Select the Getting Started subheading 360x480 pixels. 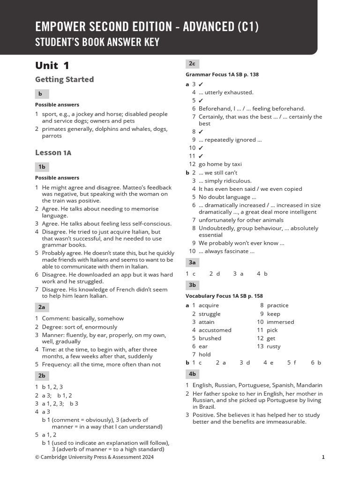pos(64,80)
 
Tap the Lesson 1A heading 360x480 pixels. pos(53,153)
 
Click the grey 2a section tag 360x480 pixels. pos(42,307)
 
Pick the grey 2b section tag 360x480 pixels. pos(42,375)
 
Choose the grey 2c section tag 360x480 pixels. pos(192,64)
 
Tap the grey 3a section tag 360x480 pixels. pos(192,262)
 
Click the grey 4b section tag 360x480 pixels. pos(192,374)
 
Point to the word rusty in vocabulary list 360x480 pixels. pos(274,346)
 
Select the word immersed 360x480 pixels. pos(280,322)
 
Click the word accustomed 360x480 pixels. pos(215,330)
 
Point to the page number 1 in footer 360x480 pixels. pos(323,457)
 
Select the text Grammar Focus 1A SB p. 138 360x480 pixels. pos(222,75)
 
